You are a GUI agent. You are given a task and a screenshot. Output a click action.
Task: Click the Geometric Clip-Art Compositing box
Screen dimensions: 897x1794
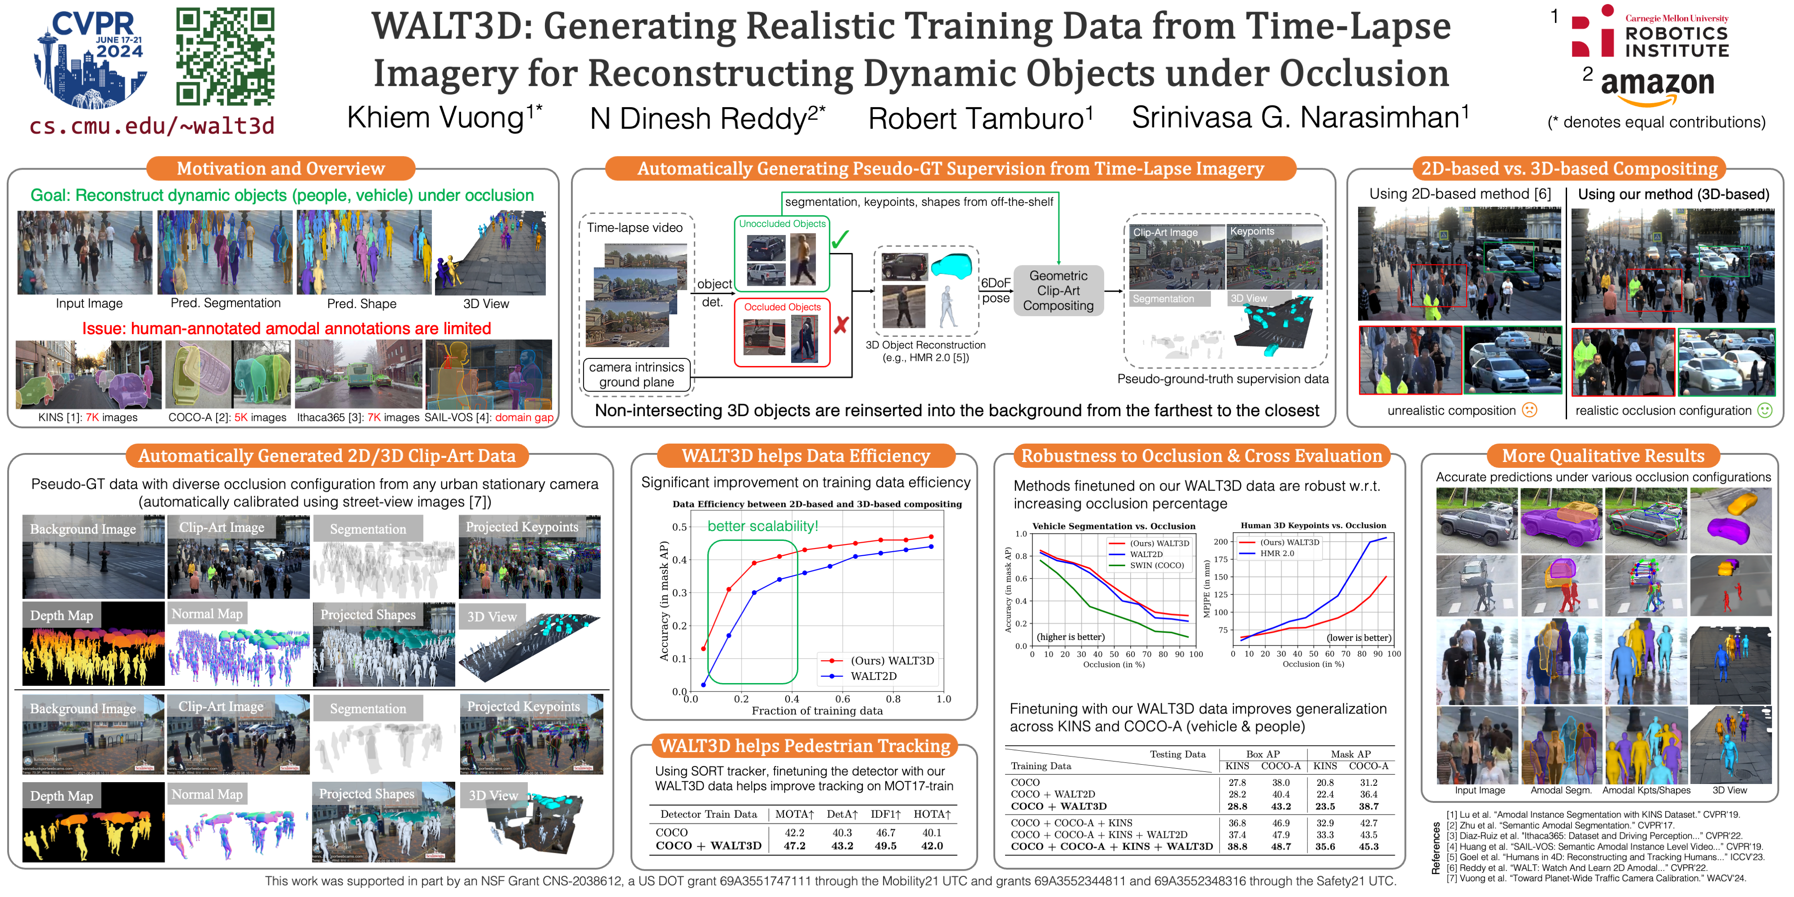[1058, 291]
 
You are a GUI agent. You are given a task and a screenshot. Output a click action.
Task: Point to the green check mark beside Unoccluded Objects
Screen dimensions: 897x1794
[840, 239]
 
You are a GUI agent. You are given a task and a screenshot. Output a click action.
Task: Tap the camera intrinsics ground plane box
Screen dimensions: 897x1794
[636, 374]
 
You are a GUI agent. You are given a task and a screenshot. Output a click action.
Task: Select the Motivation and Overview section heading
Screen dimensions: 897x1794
[281, 169]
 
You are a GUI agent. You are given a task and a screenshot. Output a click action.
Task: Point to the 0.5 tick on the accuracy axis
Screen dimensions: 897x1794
[679, 527]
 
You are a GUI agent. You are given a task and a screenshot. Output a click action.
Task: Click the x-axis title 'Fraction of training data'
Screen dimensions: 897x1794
[817, 711]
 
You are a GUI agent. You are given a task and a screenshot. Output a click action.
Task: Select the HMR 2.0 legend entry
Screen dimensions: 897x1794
[1276, 553]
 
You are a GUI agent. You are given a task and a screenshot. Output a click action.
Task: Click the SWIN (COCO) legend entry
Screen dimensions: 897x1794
[1157, 566]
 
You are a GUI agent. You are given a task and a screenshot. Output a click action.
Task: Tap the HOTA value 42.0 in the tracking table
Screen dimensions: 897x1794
[932, 846]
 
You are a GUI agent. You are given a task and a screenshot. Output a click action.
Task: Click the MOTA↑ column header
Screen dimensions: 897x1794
[795, 814]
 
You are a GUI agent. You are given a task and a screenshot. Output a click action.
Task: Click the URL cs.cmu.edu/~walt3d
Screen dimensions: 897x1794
[152, 126]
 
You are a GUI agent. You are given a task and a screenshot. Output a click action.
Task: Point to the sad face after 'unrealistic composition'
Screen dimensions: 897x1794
[1529, 410]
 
